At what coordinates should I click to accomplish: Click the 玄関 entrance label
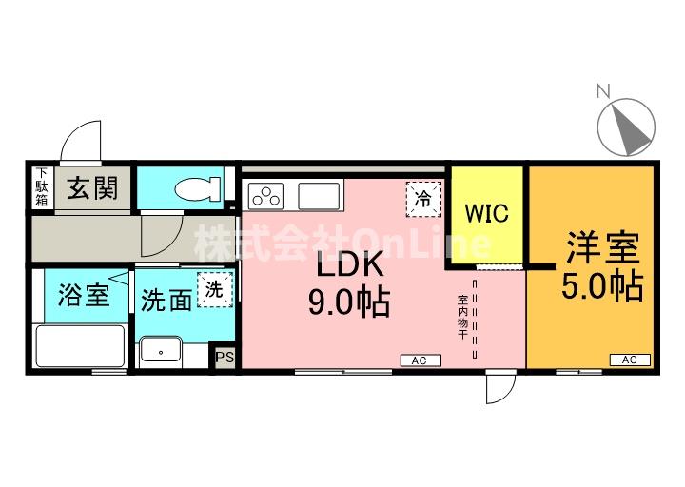(x=92, y=187)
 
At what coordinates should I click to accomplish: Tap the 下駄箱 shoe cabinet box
(x=43, y=187)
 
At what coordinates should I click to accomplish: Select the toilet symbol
(x=198, y=188)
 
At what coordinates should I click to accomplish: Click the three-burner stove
(x=265, y=196)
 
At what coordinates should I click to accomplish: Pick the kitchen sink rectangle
(x=319, y=196)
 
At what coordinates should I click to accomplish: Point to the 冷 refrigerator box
(x=423, y=199)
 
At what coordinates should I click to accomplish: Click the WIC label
(x=487, y=213)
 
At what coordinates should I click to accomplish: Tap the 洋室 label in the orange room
(x=603, y=247)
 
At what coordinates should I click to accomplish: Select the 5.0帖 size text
(x=602, y=286)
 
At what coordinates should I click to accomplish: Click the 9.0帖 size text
(x=349, y=302)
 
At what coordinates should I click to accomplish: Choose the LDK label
(x=349, y=263)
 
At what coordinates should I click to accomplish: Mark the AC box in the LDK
(x=421, y=360)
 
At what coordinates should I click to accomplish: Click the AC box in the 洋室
(x=630, y=360)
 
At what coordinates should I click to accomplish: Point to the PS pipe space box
(x=225, y=358)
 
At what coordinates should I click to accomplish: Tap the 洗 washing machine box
(x=214, y=289)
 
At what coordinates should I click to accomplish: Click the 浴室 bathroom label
(x=84, y=294)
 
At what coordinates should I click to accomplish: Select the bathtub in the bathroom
(x=81, y=346)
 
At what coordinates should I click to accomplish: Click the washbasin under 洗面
(x=161, y=349)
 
